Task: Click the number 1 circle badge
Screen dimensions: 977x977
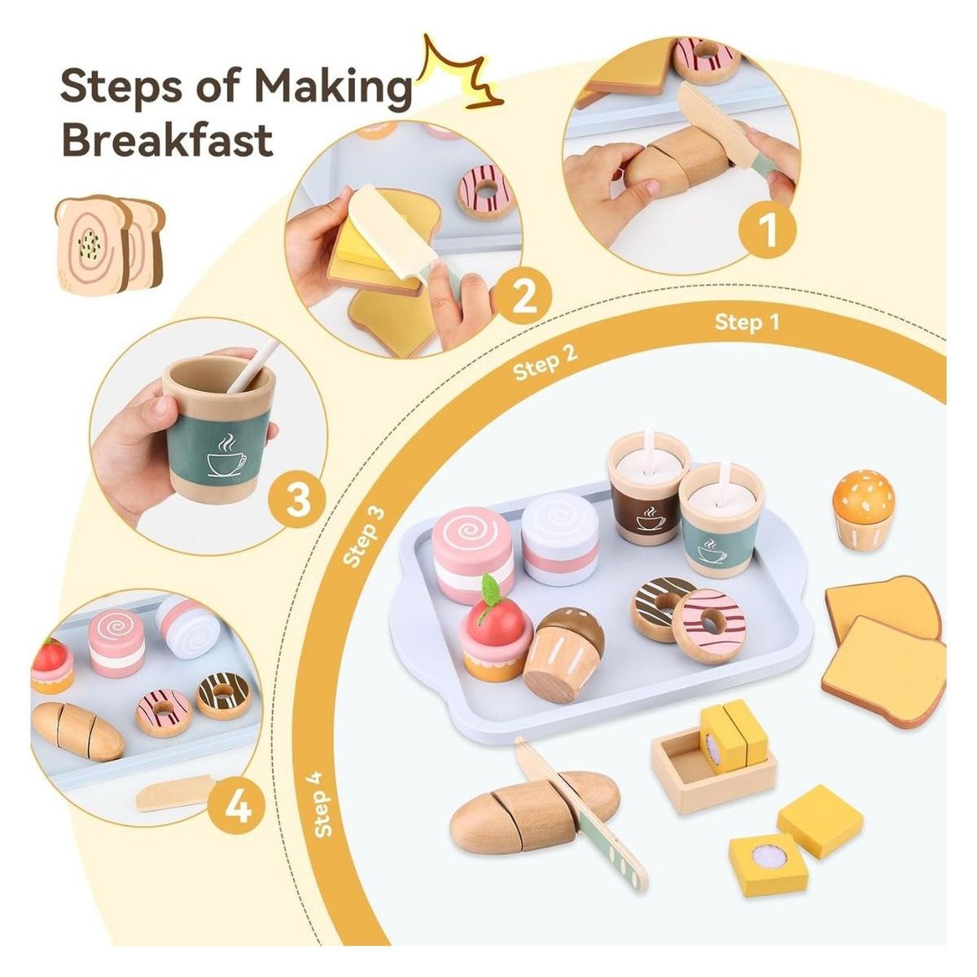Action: pyautogui.click(x=768, y=230)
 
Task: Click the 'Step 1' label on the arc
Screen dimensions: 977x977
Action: pyautogui.click(x=747, y=322)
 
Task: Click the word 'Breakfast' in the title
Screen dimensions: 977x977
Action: pyautogui.click(x=167, y=139)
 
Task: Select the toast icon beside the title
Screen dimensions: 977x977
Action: pyautogui.click(x=108, y=243)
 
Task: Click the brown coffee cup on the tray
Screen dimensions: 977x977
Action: pyautogui.click(x=647, y=488)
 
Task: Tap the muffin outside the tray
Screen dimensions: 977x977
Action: pyautogui.click(x=863, y=509)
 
